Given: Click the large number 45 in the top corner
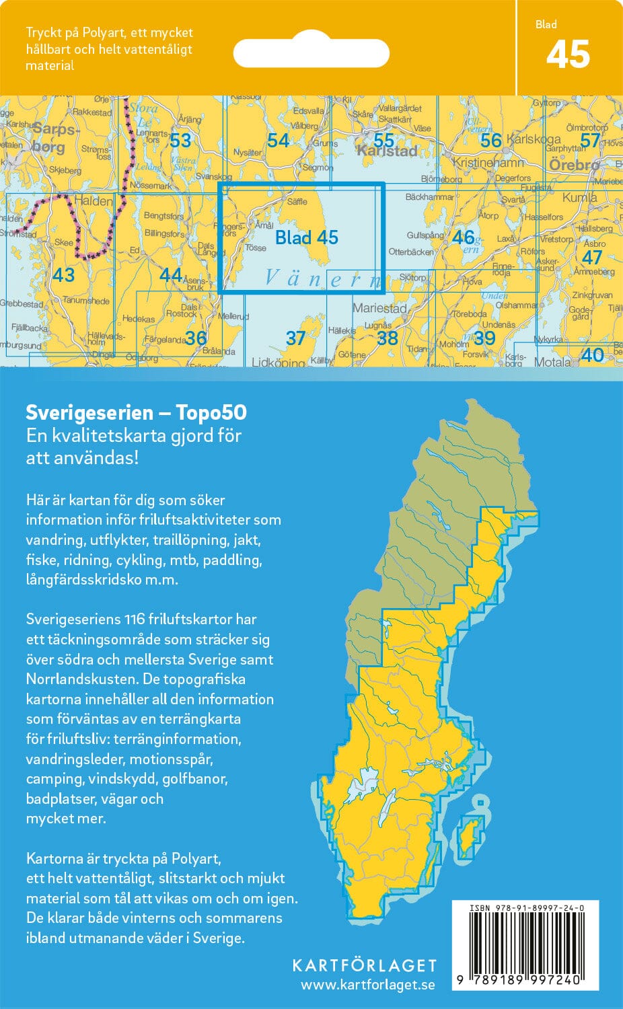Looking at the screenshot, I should click(568, 55).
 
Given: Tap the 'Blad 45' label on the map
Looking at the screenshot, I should click(307, 237).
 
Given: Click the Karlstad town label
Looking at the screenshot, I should click(387, 151).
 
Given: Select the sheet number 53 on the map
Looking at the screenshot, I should click(180, 141).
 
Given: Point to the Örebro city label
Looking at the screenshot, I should click(574, 165).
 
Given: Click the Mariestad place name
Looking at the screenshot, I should click(379, 308).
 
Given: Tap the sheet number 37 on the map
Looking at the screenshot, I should click(295, 338).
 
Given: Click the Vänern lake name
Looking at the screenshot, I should click(322, 278).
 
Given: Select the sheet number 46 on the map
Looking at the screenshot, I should click(463, 237).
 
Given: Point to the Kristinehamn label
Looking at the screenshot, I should click(488, 163).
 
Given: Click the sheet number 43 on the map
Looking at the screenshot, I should click(63, 274).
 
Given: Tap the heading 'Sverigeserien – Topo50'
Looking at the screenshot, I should click(136, 412).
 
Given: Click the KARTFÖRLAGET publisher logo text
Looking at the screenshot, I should click(364, 965).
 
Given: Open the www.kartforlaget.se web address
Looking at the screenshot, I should click(367, 985).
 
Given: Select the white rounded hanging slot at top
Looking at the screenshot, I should click(311, 52).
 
